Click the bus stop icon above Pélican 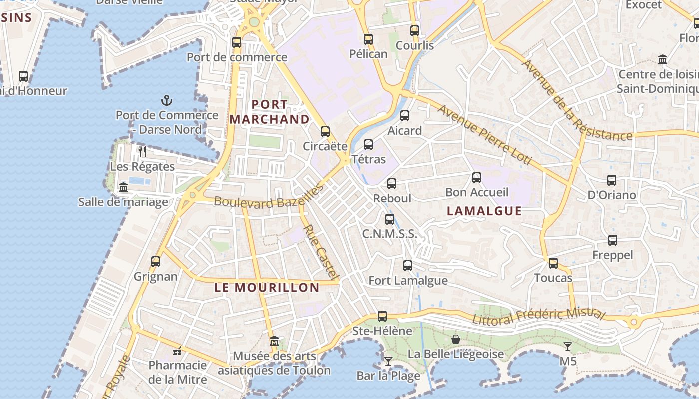click(x=368, y=39)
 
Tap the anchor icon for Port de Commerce click(x=167, y=100)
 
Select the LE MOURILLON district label click(x=267, y=287)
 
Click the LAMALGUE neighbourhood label click(x=484, y=211)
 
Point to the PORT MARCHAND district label click(x=270, y=112)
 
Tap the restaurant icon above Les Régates click(x=142, y=151)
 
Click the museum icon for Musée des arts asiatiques click(x=274, y=342)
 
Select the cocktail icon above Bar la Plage click(x=388, y=360)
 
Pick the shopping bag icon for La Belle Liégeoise click(x=456, y=339)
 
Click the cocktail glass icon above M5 click(x=568, y=346)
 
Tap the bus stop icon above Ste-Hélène click(x=382, y=316)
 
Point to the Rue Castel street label click(x=321, y=252)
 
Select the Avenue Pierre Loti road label click(x=484, y=135)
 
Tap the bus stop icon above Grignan click(x=156, y=262)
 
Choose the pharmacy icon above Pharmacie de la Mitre click(x=177, y=351)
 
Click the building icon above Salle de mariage click(x=123, y=188)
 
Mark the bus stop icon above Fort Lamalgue click(x=408, y=266)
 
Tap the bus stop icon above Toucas click(x=553, y=263)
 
